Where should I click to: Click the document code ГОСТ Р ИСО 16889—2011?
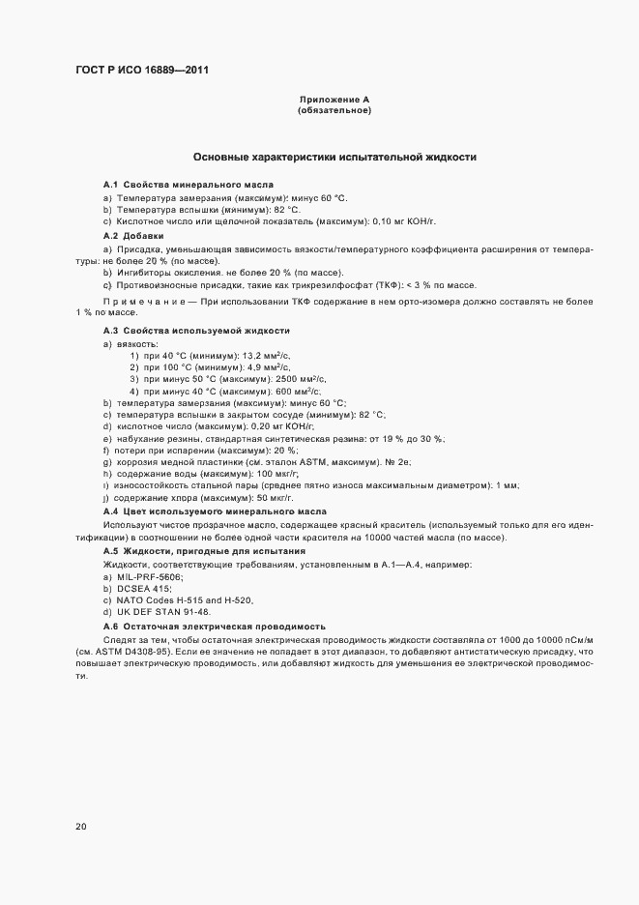click(x=142, y=70)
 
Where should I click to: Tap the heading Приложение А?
click(x=334, y=101)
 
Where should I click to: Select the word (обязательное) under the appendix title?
click(x=334, y=111)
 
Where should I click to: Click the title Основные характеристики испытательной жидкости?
click(x=334, y=157)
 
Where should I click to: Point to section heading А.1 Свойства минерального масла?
click(x=188, y=184)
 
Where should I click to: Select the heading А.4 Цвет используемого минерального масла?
click(x=215, y=511)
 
